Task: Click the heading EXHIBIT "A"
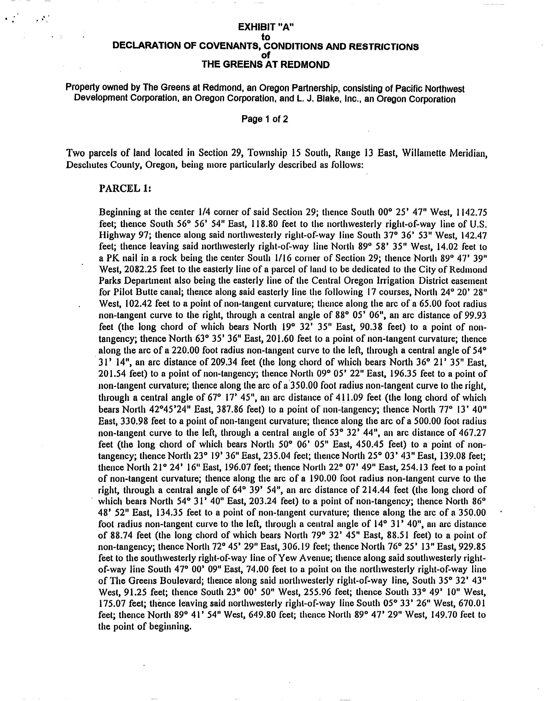[x=266, y=28]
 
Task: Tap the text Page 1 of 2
[x=265, y=119]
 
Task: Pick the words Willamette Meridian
[x=445, y=153]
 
